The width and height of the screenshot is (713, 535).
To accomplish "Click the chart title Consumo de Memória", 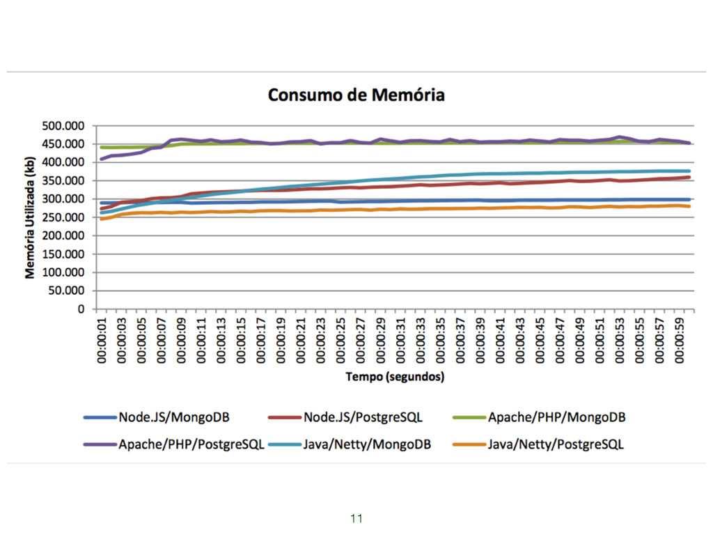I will [x=356, y=95].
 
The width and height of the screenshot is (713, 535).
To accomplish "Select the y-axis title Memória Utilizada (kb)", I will [x=30, y=217].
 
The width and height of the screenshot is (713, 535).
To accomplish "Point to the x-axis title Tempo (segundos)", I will [x=395, y=377].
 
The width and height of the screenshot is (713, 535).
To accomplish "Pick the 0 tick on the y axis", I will [x=80, y=309].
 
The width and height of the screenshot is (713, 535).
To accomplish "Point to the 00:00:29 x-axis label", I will [x=382, y=341].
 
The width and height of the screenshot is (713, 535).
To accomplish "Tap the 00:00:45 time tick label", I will [x=540, y=341].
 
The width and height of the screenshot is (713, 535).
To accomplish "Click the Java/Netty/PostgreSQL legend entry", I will [x=556, y=444].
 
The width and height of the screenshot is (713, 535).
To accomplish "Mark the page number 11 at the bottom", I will [x=356, y=518].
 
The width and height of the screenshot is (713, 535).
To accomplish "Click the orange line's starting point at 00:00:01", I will [x=102, y=219].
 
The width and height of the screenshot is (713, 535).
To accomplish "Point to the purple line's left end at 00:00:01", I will [x=102, y=159].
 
